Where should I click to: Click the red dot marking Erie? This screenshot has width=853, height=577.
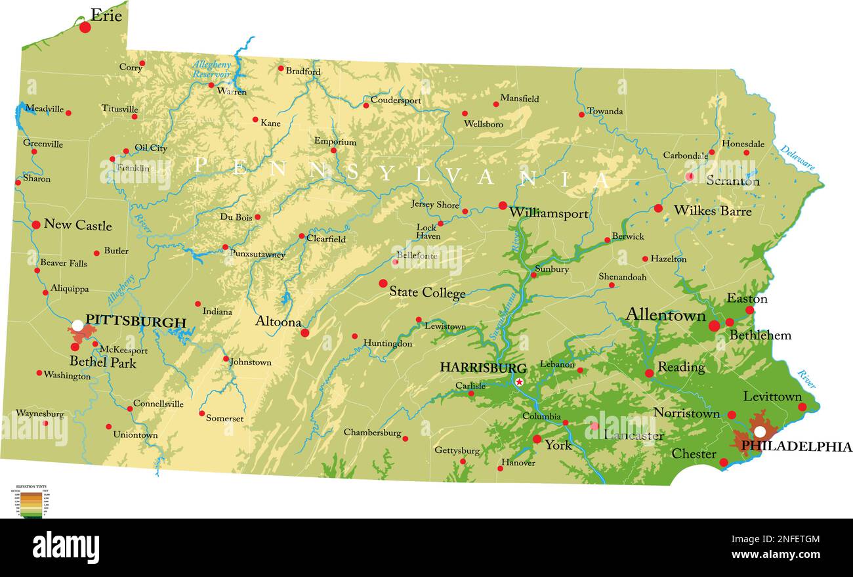[x=85, y=27]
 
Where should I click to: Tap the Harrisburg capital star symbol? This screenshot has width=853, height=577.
[x=520, y=382]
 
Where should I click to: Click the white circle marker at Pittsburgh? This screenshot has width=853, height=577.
[x=77, y=325]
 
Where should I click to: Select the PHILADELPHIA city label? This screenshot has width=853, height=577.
[x=796, y=447]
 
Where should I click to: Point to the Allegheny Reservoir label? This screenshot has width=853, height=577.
[x=211, y=69]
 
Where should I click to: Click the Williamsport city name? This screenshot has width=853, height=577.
[x=549, y=213]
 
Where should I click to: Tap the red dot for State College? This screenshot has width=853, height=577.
[x=383, y=284]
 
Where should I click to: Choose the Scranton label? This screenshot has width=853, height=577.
[x=732, y=181]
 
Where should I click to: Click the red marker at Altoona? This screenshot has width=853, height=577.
[x=304, y=333]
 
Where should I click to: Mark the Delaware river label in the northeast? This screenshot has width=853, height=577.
[x=797, y=158]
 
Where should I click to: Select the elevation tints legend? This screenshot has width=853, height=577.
[x=32, y=501]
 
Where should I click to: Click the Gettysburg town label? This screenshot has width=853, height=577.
[x=457, y=450]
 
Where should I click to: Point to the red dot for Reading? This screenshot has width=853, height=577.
[x=649, y=373]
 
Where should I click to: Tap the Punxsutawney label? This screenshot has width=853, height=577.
[x=257, y=253]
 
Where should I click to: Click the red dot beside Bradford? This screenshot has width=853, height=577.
[x=281, y=68]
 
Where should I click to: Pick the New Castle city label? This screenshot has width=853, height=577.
[x=77, y=225]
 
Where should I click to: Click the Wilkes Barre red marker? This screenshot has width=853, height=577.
[x=658, y=208]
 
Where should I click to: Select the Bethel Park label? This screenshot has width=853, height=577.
[x=103, y=362]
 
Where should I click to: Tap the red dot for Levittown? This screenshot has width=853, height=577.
[x=802, y=407]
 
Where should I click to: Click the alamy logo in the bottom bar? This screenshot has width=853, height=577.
[x=66, y=547]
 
